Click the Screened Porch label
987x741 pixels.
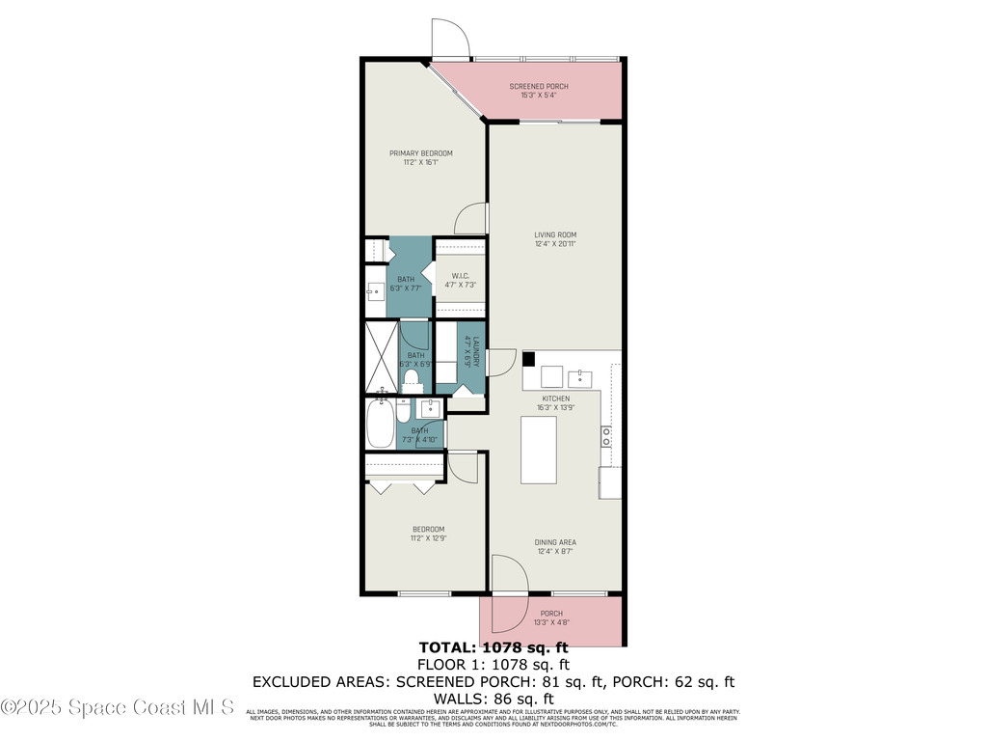[x=538, y=87]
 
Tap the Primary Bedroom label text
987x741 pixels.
[x=420, y=153]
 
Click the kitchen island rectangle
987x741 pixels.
[x=538, y=449]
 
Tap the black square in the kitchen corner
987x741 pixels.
[x=528, y=358]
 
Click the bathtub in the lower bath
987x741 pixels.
[x=380, y=425]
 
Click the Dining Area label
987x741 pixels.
[x=554, y=542]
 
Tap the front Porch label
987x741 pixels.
[x=550, y=614]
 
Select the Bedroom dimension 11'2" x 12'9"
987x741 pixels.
[x=428, y=538]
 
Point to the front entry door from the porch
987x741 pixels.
[x=508, y=577]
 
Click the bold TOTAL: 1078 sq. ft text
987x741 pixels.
[x=493, y=647]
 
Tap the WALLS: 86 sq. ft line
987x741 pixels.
[x=493, y=699]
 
